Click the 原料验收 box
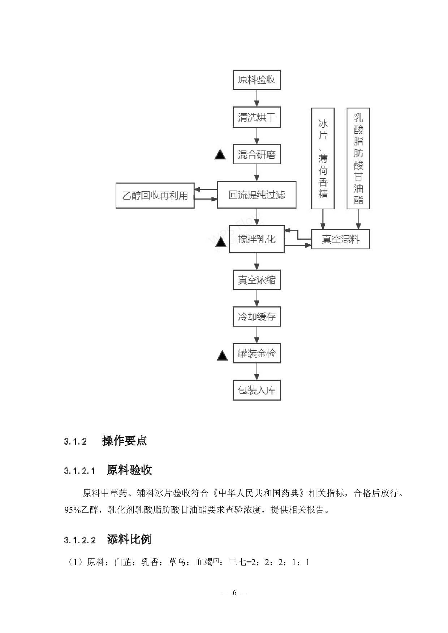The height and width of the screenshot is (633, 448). tap(257, 80)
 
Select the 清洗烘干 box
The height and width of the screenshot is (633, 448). tap(257, 117)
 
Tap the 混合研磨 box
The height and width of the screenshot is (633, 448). tap(257, 155)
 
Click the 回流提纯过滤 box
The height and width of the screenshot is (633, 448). tap(257, 195)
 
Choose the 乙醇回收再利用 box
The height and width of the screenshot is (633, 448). tap(155, 196)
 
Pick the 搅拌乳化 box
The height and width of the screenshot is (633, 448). tap(257, 239)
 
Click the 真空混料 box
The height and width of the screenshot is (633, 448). tap(340, 239)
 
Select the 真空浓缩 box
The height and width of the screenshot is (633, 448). tap(257, 280)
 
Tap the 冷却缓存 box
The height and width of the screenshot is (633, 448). tap(257, 317)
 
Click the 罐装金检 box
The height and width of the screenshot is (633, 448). tap(257, 353)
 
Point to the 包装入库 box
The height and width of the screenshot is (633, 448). tap(257, 390)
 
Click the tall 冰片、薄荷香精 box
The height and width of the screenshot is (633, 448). tap(323, 158)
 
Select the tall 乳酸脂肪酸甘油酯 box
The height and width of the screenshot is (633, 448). tap(358, 158)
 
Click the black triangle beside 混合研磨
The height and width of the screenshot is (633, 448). tap(220, 155)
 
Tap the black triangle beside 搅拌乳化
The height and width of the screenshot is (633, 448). tap(221, 242)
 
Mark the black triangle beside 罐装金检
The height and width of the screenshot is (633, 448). tap(222, 356)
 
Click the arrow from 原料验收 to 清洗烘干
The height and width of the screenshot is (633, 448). tap(257, 98)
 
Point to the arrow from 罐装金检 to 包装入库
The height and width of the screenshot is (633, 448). tap(257, 371)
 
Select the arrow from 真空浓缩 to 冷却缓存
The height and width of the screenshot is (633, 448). tap(257, 298)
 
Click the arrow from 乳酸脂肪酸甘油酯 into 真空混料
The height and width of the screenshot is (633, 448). tap(358, 219)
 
